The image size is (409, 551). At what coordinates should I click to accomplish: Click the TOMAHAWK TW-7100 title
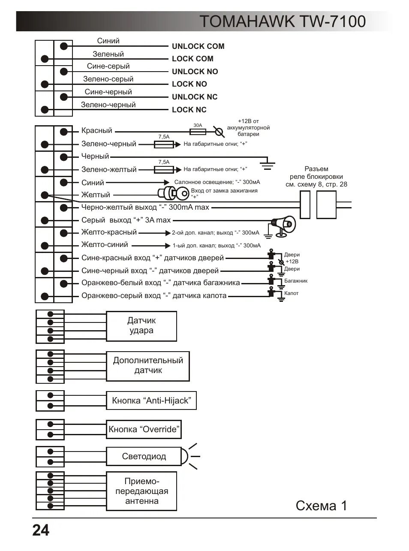click(283, 21)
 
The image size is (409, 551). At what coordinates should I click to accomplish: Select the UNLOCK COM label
click(198, 46)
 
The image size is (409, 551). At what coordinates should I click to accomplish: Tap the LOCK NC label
click(189, 110)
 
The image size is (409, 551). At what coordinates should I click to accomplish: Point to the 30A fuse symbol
click(198, 131)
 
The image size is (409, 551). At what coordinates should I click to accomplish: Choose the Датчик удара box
click(141, 326)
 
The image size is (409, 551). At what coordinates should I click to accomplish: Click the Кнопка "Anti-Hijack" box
click(151, 401)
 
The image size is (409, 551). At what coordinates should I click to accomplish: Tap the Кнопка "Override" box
click(144, 429)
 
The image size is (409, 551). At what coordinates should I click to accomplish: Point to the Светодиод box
click(144, 457)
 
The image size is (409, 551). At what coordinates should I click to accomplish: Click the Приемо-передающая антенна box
click(141, 491)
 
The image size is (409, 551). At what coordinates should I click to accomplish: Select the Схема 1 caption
click(321, 506)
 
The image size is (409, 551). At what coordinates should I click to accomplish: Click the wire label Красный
click(96, 131)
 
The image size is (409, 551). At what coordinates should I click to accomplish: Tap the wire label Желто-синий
click(105, 245)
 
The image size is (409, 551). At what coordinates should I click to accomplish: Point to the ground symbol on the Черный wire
click(268, 163)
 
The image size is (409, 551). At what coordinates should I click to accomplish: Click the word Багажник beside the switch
click(296, 281)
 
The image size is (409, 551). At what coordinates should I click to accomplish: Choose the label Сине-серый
click(108, 66)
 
